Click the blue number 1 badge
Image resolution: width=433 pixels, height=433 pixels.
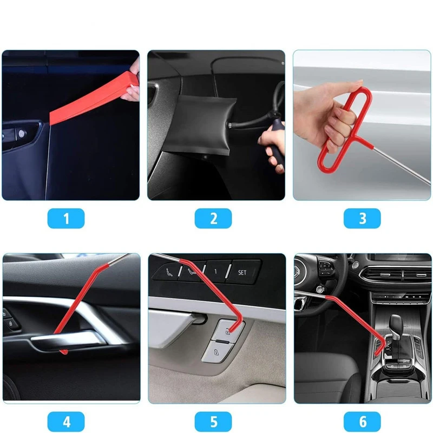coord(66,219)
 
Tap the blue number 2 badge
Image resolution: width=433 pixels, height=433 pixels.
coord(213,219)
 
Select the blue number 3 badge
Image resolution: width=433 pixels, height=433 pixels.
coord(362,219)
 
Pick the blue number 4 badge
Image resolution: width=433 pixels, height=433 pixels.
coord(66,422)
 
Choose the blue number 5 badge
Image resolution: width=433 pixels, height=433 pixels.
coord(213,422)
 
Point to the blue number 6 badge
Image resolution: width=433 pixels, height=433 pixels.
coord(362,422)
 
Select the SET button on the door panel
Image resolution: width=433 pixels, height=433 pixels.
coord(242,273)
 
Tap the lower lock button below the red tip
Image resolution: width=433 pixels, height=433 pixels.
coord(216,352)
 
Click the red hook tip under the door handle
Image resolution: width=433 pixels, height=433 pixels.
coord(64,352)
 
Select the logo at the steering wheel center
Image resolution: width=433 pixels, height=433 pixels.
coord(299,270)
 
